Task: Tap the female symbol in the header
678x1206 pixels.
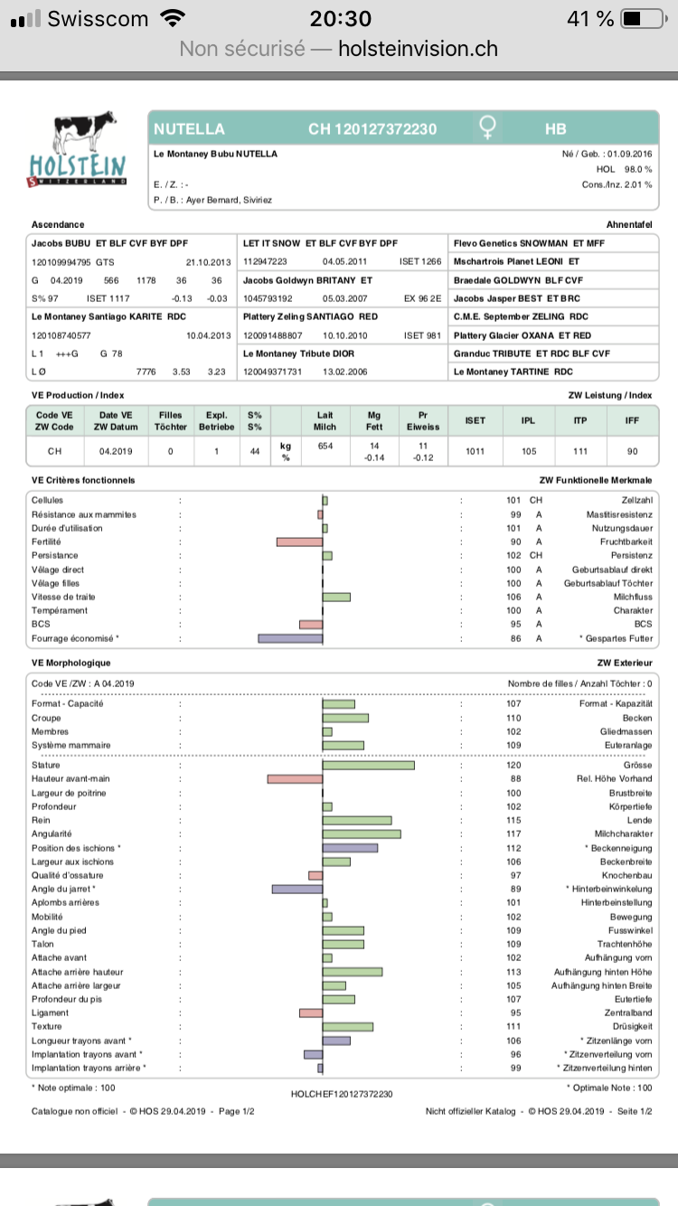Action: [488, 129]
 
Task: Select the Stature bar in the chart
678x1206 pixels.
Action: [369, 766]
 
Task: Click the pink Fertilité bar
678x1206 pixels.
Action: [299, 542]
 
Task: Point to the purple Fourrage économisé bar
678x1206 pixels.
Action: [290, 638]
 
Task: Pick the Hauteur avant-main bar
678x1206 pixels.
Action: [295, 779]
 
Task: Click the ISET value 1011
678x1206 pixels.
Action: [475, 449]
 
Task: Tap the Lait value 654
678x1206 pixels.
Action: [325, 445]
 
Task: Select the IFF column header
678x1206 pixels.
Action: [632, 420]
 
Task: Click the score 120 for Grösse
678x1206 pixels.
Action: [515, 766]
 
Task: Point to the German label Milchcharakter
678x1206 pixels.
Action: [623, 834]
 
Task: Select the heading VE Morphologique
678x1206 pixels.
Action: [71, 663]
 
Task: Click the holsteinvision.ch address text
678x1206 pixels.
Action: [418, 49]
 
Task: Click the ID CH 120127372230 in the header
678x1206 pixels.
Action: [372, 129]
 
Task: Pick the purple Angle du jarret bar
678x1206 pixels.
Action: [297, 890]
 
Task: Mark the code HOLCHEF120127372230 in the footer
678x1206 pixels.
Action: [341, 1094]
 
